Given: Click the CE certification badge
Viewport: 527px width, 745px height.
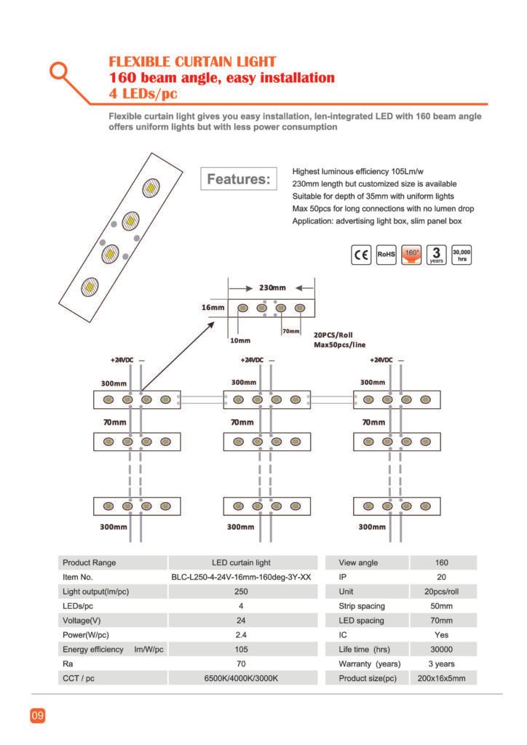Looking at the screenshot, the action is pos(361,255).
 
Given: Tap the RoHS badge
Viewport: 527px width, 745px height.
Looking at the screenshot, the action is pos(386,255).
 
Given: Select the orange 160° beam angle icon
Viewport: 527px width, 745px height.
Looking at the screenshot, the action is pos(411,255).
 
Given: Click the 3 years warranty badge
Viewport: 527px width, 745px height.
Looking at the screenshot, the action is pos(436,255).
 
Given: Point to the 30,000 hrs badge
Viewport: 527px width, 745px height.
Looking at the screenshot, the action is pos(461,255).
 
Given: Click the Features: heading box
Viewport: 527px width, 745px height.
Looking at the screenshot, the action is pos(239,179).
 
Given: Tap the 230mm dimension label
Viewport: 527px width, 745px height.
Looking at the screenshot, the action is pos(272,288).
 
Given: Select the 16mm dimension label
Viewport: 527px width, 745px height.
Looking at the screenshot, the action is pos(213,308).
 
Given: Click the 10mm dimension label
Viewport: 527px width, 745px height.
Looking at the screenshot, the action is pos(240,340).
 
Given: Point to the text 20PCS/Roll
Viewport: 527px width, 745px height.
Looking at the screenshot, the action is pos(333,335).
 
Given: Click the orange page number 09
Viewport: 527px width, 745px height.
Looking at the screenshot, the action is pos(38,715).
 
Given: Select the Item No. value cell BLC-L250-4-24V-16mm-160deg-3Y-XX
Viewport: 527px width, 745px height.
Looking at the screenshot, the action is pos(241,577).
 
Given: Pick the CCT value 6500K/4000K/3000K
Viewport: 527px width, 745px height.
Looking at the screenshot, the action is pos(241,679).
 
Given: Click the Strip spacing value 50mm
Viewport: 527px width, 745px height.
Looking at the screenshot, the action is pos(441,606).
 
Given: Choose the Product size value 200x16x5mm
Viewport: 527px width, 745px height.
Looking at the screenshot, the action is pos(441,679).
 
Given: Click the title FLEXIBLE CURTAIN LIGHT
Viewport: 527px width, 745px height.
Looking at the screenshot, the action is pos(192,62).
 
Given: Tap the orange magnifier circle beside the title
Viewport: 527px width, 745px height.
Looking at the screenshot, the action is pos(59,71).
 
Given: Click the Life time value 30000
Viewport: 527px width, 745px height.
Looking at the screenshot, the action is pos(441,650).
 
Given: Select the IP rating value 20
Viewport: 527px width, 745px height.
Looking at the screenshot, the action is pos(441,577).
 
